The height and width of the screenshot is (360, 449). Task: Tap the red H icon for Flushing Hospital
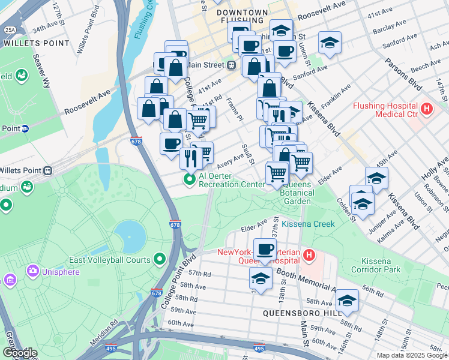point(427,109)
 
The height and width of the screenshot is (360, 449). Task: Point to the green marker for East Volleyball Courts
point(159,259)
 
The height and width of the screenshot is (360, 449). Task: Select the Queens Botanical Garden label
point(297,193)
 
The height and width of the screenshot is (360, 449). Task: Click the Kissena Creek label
point(308,224)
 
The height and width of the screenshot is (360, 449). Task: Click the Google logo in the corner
point(20,352)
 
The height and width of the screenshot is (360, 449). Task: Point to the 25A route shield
point(10,29)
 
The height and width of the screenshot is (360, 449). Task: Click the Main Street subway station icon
point(230,65)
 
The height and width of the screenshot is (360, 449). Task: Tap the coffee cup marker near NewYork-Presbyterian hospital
point(264,249)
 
